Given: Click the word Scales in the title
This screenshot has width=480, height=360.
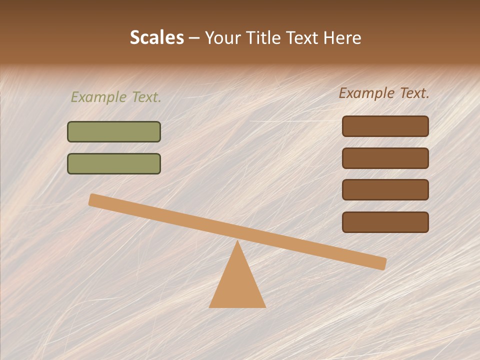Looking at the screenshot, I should pos(157,38).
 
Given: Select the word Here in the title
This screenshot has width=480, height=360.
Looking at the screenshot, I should pos(342,38).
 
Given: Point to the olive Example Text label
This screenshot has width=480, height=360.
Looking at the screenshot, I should pos(116,97).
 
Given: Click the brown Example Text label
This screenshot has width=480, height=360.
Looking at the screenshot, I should pos(384,93).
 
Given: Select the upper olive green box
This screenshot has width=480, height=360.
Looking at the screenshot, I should pos(114,131).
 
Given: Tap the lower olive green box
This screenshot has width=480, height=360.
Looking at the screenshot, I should pos(114,163).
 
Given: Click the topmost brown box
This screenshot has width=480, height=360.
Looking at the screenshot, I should pos(385,126).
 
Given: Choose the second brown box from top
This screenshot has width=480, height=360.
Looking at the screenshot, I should pos(385,158).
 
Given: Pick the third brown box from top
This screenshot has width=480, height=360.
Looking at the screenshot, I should pos(385,189).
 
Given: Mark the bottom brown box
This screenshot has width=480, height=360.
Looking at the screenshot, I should pos(385,222).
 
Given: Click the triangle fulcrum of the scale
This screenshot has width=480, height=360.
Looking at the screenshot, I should pos(237,285).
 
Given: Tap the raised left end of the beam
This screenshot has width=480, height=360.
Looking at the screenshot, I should pos(95,200).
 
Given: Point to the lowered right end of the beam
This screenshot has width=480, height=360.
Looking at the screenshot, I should pos(380,263).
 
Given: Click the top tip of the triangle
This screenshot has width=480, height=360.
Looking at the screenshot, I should pos(237,242).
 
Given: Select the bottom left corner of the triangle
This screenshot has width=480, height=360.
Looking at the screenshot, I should pos(210,306).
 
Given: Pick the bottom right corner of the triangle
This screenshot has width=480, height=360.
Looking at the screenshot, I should pos(264,306).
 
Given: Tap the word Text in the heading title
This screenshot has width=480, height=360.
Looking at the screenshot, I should pos(300,38).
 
